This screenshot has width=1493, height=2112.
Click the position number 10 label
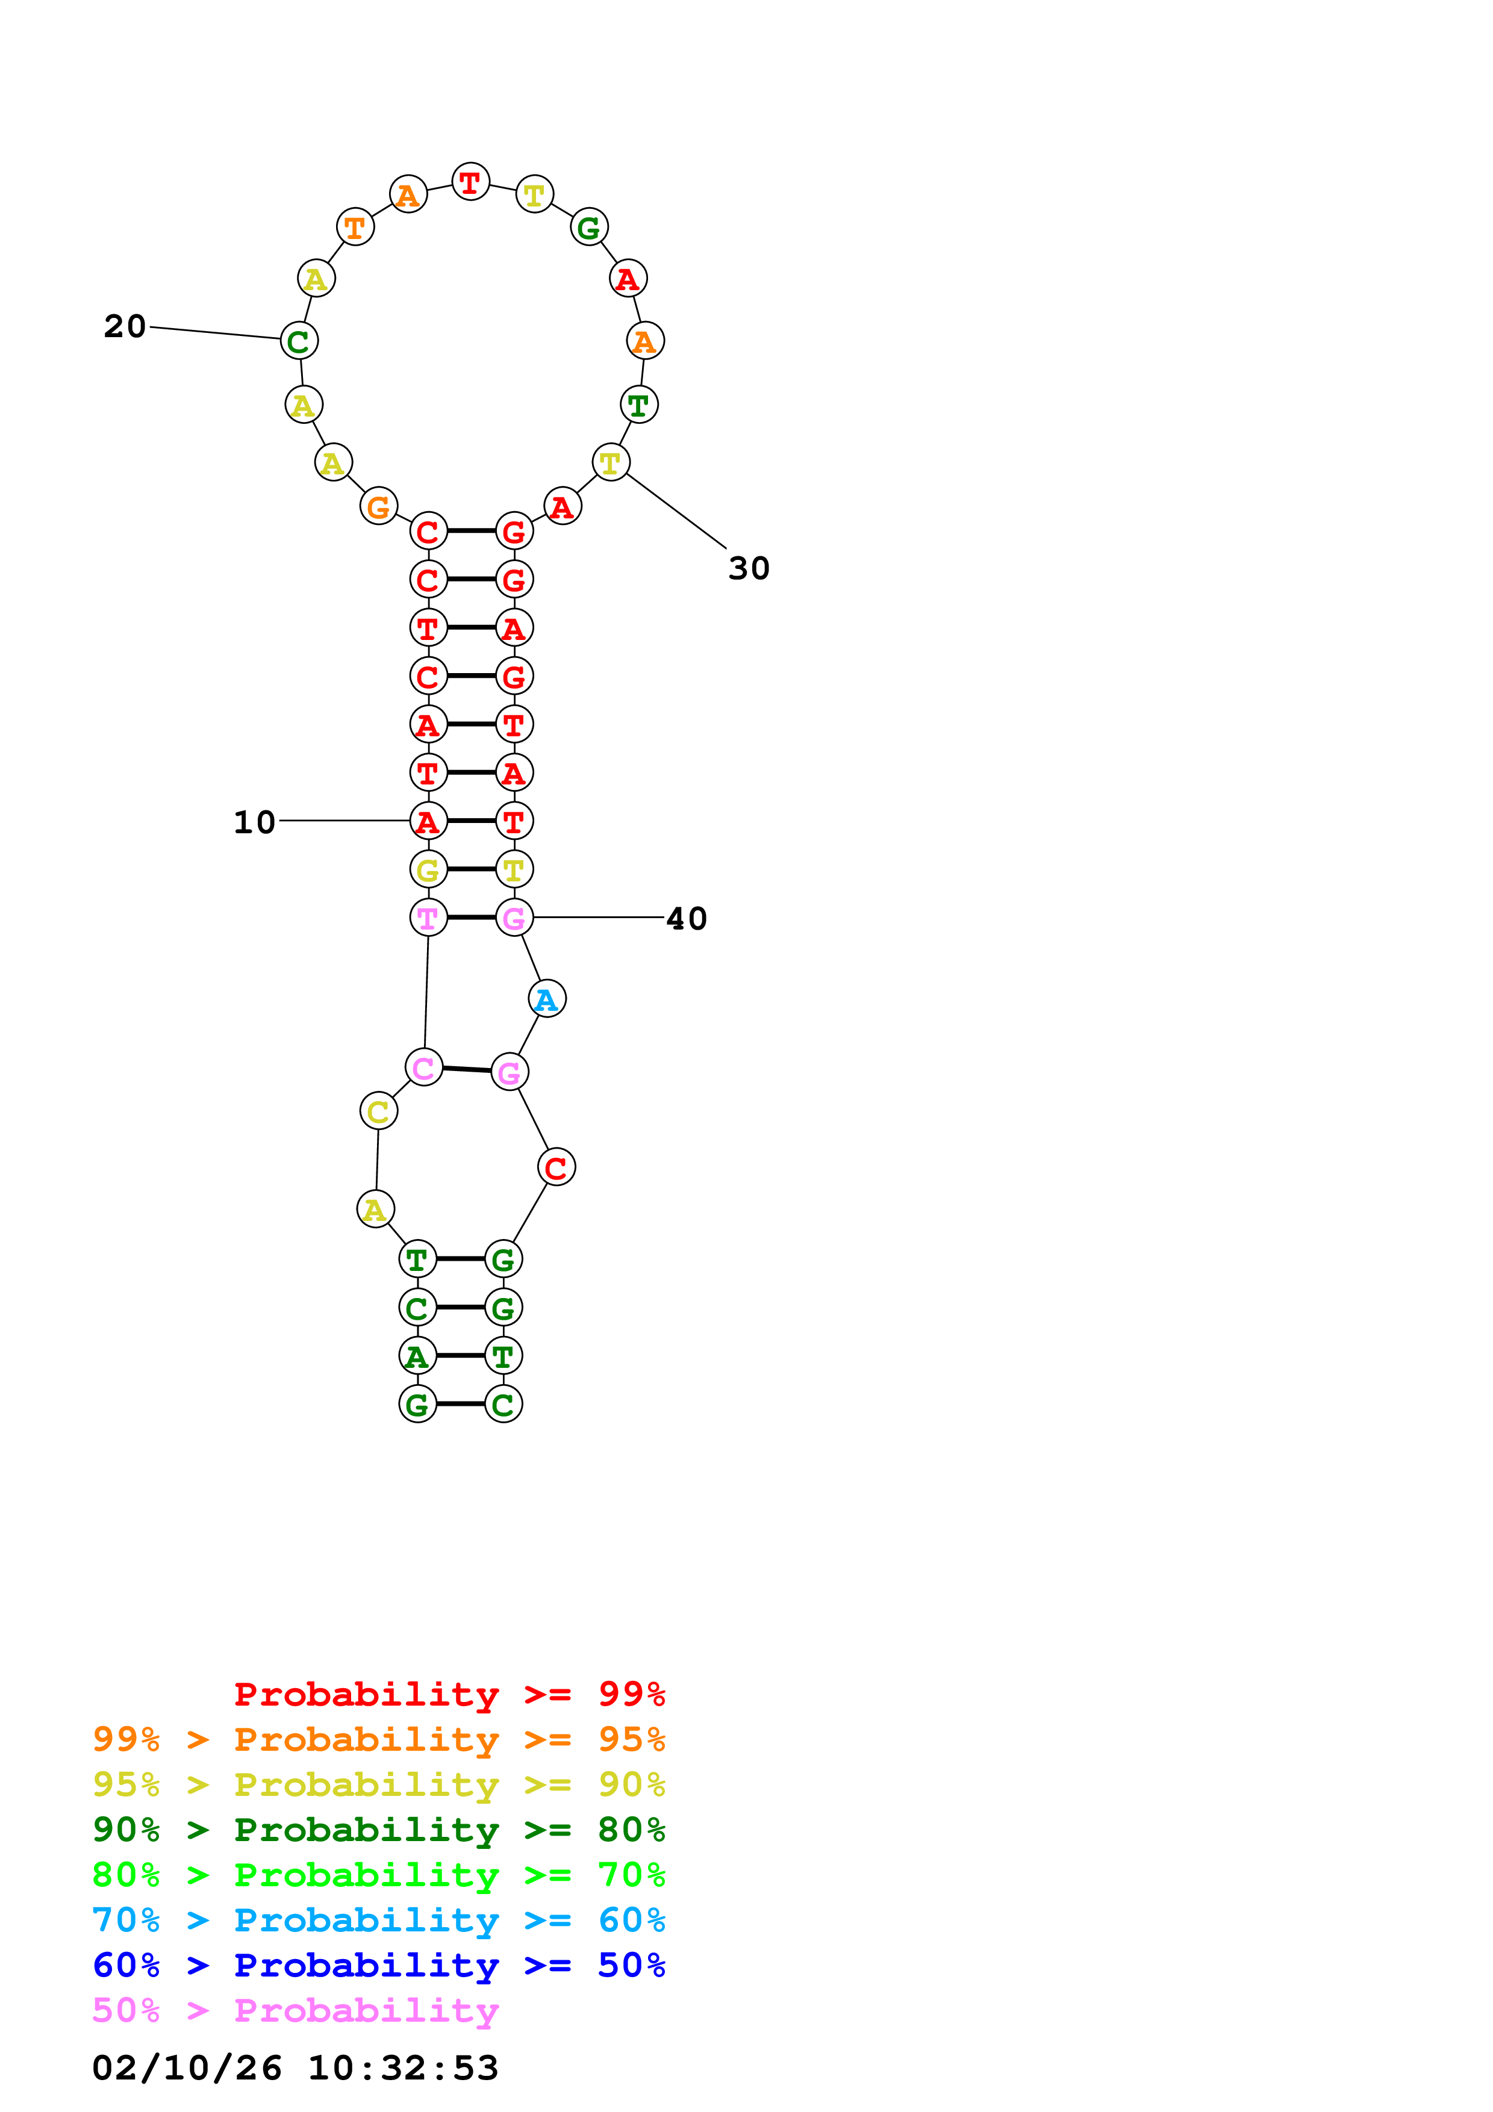point(254,821)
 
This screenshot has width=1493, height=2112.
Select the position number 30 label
point(748,568)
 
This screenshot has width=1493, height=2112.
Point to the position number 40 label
point(686,918)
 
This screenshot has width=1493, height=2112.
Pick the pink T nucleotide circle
point(428,917)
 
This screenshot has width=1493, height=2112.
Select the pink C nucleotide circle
point(423,1067)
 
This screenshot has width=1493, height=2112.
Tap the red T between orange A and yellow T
point(470,182)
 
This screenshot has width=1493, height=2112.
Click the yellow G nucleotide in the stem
point(428,869)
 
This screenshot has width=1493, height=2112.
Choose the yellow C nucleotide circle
point(378,1111)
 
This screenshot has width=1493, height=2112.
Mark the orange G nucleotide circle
point(378,506)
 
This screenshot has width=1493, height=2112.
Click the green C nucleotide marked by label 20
point(299,340)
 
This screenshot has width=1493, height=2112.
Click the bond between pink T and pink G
point(471,917)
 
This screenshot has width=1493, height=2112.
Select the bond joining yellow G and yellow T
point(471,869)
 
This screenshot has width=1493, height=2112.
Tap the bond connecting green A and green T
point(460,1355)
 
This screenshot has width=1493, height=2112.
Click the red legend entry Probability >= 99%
point(449,1694)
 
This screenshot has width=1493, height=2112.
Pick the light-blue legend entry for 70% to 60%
point(378,1920)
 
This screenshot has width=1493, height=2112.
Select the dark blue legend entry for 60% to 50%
point(378,1965)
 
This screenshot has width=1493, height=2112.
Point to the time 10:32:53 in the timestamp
point(403,2068)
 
